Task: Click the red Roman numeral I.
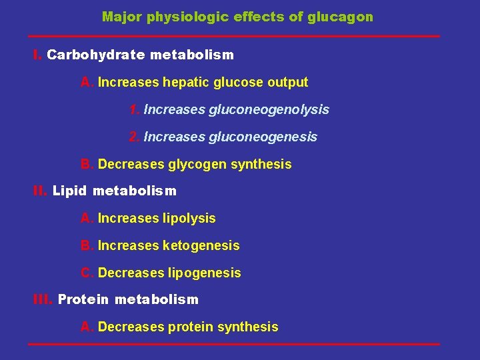pos(37,55)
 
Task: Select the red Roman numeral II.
pos(40,191)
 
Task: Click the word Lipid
pos(69,191)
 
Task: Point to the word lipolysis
pos(189,219)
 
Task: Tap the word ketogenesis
pos(201,246)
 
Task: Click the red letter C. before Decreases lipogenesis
pos(87,273)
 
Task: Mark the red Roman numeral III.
pos(43,300)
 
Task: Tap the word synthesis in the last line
pos(251,327)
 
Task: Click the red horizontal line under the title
pos(234,36)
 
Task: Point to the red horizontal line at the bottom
pos(234,344)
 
